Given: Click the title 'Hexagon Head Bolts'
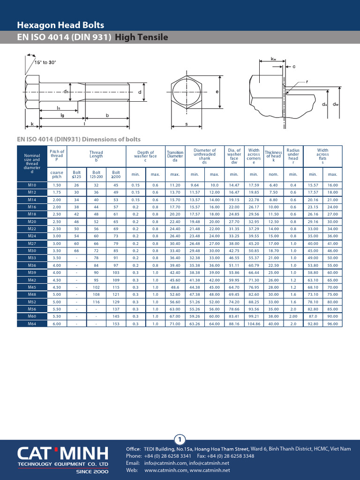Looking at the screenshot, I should click(60, 25).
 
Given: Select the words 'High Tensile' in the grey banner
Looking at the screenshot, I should click(142, 37).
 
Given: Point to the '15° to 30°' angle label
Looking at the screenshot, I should click(45, 62).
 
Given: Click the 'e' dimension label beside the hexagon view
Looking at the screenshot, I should click(217, 92).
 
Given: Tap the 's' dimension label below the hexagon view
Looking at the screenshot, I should click(186, 124).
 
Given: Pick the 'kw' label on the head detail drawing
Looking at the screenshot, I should click(273, 59).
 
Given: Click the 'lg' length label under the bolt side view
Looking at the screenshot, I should click(62, 115).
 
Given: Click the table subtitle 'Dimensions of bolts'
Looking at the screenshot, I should click(79, 139).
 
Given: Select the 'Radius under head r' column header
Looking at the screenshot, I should click(293, 156).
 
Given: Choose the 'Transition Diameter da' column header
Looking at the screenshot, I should click(175, 156).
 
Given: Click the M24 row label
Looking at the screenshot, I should click(31, 236).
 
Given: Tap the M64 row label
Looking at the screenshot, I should click(31, 324).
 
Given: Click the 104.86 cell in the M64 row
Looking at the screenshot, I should click(254, 324).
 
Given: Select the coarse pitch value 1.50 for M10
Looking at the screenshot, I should click(57, 185).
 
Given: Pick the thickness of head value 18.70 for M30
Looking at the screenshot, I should click(273, 251).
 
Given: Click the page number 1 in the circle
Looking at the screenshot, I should click(180, 439).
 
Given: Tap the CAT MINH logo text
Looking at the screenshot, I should click(63, 454).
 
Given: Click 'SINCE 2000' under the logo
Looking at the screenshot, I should click(92, 472).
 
